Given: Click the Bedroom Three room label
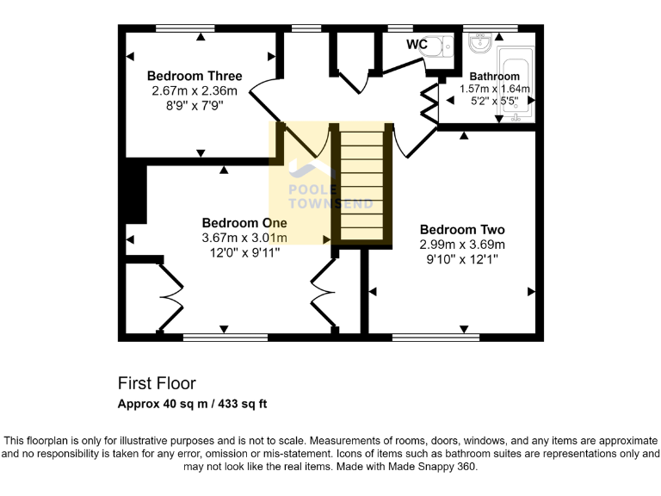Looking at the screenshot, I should click(x=195, y=76).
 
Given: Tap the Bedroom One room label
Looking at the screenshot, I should click(x=244, y=222).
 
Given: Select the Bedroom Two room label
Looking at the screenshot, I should click(x=462, y=230).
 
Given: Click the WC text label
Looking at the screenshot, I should click(x=417, y=43).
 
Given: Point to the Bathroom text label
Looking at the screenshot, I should click(x=494, y=77).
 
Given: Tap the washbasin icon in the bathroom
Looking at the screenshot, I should click(x=479, y=41).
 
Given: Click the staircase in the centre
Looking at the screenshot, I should click(x=361, y=186).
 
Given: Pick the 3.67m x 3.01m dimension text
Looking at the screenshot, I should click(x=244, y=238).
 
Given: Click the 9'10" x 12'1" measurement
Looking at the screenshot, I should click(x=462, y=258).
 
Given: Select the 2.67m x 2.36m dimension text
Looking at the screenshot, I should click(x=195, y=90).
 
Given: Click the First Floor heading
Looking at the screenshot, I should click(x=157, y=383).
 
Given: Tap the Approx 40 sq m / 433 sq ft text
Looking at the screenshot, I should click(x=193, y=403).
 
